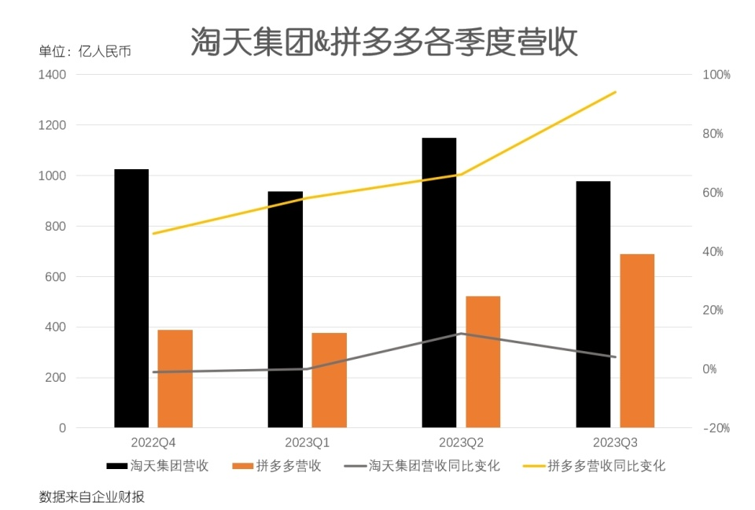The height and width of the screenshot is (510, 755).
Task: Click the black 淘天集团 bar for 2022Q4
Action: (131, 299)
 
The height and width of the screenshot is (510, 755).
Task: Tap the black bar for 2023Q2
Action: (439, 283)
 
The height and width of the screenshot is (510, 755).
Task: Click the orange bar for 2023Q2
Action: (483, 362)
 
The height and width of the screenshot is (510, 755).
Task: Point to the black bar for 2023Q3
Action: (593, 305)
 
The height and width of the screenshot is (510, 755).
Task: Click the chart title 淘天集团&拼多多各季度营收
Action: (384, 42)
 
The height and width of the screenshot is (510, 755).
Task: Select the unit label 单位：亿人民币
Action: (85, 52)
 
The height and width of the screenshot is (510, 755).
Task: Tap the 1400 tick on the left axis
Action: (52, 75)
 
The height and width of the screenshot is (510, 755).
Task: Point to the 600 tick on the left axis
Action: (56, 277)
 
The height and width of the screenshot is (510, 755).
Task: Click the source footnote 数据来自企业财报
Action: (91, 497)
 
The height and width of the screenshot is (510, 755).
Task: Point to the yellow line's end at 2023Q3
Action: (615, 92)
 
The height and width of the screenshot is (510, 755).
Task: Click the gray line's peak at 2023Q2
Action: (461, 334)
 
